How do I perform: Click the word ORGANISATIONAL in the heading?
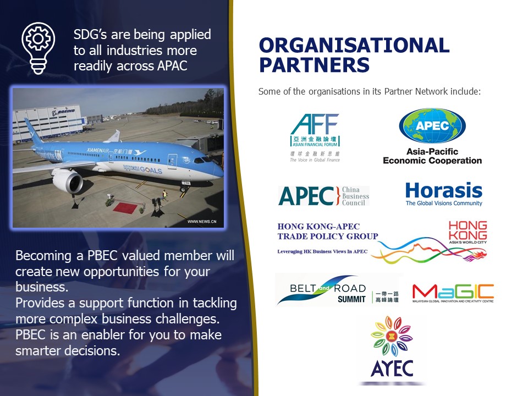(354, 46)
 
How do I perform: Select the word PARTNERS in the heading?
(314, 65)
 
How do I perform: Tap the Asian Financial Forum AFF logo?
(315, 137)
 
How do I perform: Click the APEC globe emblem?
(432, 126)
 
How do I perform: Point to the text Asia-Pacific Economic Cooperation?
(432, 156)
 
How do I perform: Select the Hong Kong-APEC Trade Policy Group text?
(328, 232)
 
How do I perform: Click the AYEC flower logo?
(392, 346)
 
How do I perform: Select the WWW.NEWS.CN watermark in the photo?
(202, 222)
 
